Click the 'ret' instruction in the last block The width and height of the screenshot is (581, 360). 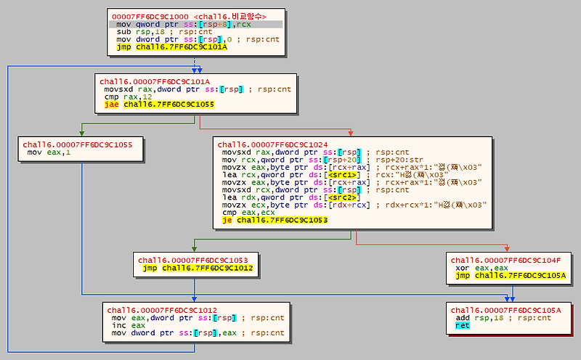pyautogui.click(x=463, y=326)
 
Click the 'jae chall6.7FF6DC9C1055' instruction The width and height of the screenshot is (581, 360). pyautogui.click(x=143, y=104)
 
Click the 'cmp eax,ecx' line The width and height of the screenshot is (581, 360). pyautogui.click(x=245, y=212)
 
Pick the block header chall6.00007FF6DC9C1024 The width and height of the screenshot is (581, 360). pyautogui.click(x=272, y=144)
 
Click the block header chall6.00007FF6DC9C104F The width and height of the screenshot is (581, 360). pyautogui.click(x=505, y=260)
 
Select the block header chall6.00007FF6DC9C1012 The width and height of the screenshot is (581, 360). pyautogui.click(x=162, y=310)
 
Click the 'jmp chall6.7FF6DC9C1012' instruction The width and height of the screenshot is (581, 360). pyautogui.click(x=197, y=268)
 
